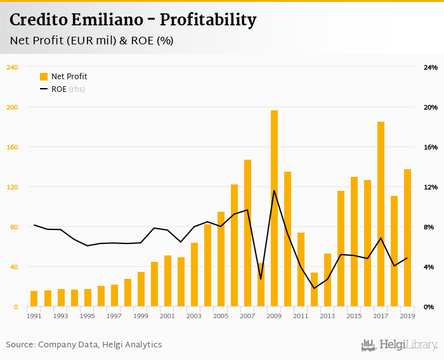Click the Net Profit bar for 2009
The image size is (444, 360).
click(x=274, y=209)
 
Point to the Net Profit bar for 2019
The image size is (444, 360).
click(x=407, y=238)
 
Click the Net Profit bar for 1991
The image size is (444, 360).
click(x=34, y=299)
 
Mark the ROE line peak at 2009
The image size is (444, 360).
click(x=274, y=190)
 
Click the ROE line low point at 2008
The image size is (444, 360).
click(x=261, y=279)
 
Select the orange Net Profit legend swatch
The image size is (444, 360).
click(x=44, y=77)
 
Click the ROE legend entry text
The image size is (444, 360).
click(x=59, y=89)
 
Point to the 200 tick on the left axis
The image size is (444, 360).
click(x=12, y=107)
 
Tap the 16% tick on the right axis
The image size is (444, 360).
click(x=431, y=147)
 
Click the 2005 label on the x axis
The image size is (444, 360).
click(x=221, y=316)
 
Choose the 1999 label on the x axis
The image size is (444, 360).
click(x=141, y=316)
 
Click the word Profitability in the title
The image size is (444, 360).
click(x=208, y=20)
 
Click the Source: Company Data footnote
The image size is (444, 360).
click(x=84, y=345)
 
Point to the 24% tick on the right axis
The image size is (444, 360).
click(x=431, y=67)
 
